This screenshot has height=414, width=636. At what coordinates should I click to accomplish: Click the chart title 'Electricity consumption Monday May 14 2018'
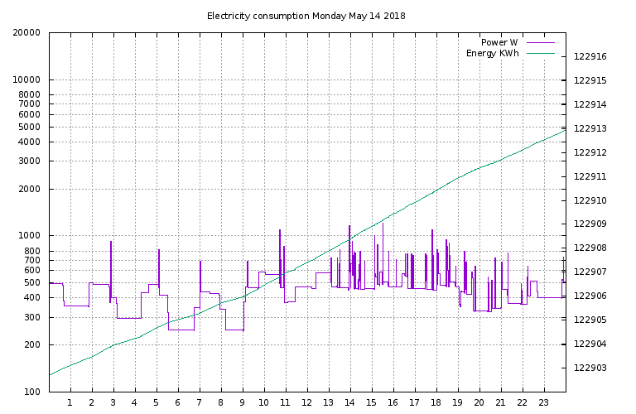click(306, 16)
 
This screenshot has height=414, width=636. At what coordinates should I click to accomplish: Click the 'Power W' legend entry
click(499, 42)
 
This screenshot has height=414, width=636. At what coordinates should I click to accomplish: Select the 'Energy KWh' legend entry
click(492, 54)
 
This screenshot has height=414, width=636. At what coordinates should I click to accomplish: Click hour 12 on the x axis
click(306, 403)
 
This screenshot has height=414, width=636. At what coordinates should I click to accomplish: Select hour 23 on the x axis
click(543, 403)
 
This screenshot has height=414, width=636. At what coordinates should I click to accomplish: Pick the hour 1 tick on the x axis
click(70, 403)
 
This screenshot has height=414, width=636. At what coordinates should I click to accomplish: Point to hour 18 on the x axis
click(436, 403)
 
